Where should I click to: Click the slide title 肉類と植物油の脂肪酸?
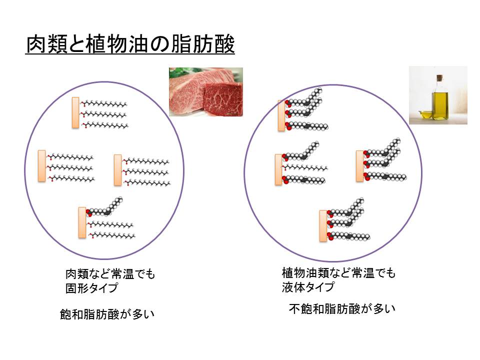coord(130,44)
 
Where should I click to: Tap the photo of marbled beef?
coord(205,92)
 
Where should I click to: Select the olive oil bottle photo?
coord(438,95)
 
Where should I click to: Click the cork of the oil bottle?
coord(439,78)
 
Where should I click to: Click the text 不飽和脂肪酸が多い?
coord(342,308)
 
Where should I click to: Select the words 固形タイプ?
coord(92,288)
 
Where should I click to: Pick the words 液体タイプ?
coord(308,287)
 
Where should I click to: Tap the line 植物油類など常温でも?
coord(338,273)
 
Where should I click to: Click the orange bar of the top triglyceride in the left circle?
coord(75,112)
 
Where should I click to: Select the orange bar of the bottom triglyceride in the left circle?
coord(82,224)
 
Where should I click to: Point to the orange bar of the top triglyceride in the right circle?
coord(281,115)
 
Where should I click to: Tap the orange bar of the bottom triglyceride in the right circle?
coord(323,225)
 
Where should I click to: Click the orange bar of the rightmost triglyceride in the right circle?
coord(359,166)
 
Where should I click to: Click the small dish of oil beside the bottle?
coord(424,114)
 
